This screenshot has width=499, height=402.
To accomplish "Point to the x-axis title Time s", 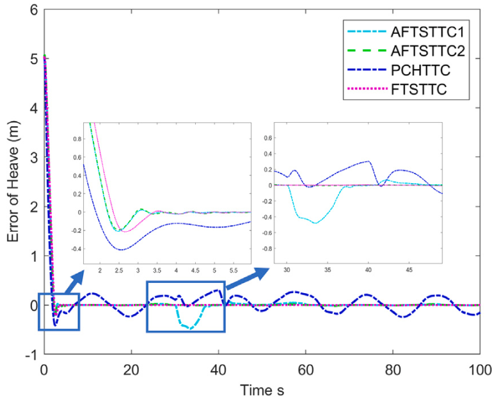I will tap(262, 389).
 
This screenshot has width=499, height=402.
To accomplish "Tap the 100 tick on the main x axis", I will tap(480, 369).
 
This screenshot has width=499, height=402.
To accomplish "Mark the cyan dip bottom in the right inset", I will tap(315, 223).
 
